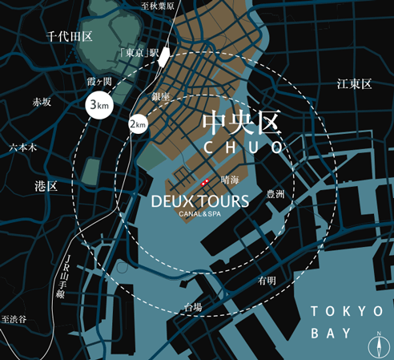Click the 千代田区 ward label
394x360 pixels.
pos(70,37)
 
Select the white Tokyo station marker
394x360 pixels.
pos(164,56)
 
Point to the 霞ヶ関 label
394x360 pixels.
pos(99,82)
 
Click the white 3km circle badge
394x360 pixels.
pos(99,106)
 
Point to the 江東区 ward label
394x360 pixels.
pos(355,83)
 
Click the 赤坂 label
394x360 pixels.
pos(41,103)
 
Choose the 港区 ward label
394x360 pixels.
pos(46,186)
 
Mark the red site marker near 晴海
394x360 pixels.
pos(205,182)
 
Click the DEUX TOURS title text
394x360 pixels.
pos(199,199)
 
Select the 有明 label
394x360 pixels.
pos(267,281)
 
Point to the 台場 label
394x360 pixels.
pos(192,307)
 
